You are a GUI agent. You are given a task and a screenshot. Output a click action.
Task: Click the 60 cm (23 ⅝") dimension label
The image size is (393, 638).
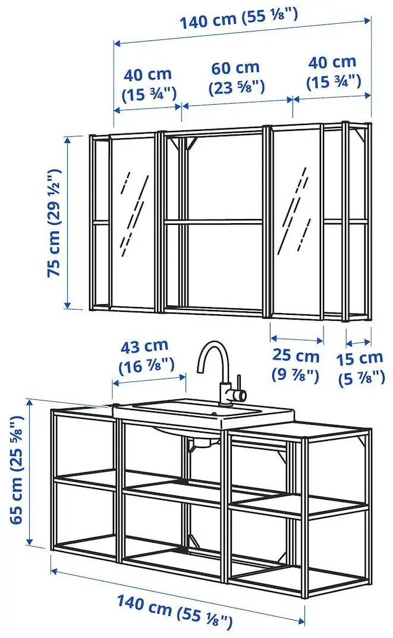[x=236, y=77]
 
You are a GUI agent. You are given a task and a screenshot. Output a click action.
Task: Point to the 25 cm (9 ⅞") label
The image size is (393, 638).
[x=295, y=365]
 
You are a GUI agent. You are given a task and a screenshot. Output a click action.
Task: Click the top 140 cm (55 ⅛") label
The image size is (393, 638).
[x=240, y=21]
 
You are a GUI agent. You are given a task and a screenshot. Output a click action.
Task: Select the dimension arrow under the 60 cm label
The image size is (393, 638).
[x=237, y=102]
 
